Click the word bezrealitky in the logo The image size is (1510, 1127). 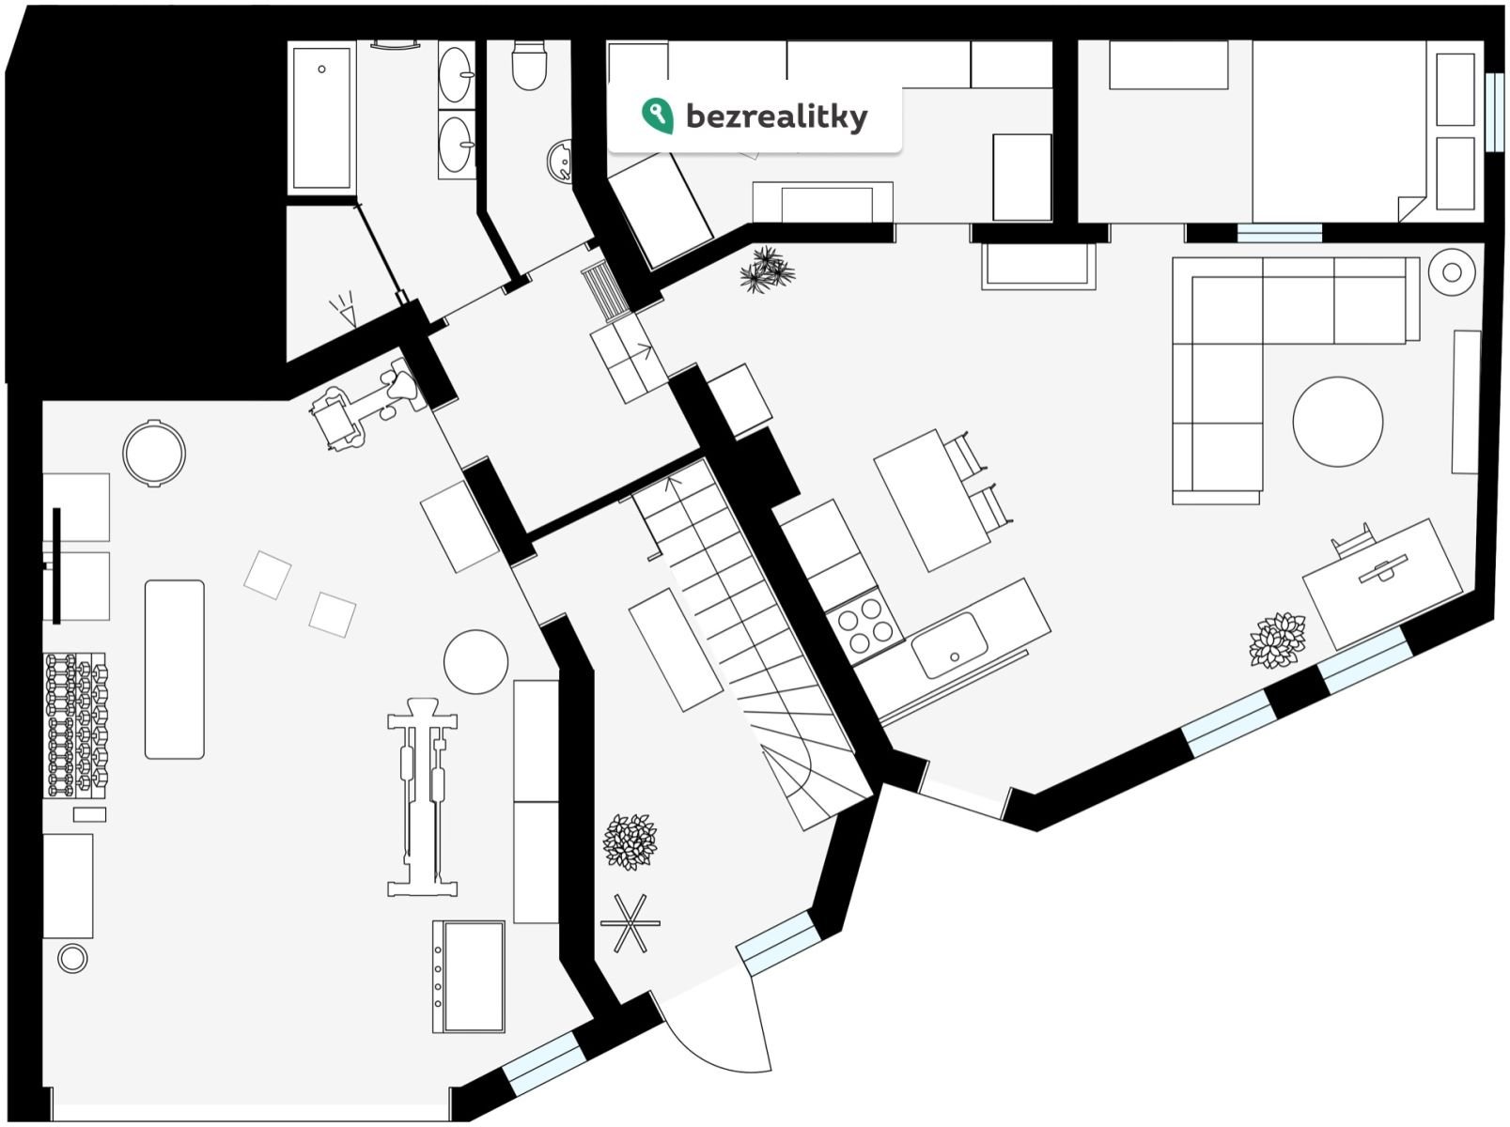tap(776, 116)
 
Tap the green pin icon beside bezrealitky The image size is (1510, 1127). tap(657, 115)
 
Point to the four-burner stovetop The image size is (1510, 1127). tap(865, 624)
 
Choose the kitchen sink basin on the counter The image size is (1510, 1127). tap(949, 645)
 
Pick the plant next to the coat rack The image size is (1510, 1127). tap(630, 841)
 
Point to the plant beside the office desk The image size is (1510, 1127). tap(1277, 641)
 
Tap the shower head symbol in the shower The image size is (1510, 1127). tap(344, 309)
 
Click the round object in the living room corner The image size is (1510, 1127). tap(1452, 272)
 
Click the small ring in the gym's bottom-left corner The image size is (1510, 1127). tap(72, 959)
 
